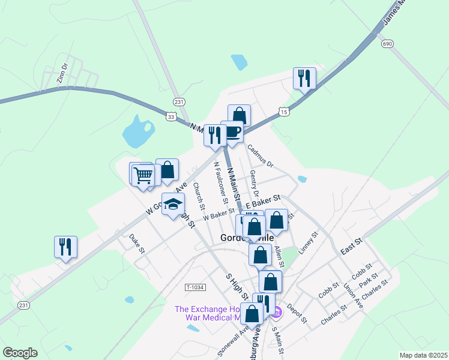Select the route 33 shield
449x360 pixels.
pyautogui.click(x=172, y=117)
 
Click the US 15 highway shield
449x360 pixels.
pyautogui.click(x=284, y=112)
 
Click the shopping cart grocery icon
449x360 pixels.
pyautogui.click(x=143, y=175)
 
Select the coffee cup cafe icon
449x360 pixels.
pyautogui.click(x=232, y=132)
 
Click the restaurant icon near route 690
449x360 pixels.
pyautogui.click(x=304, y=77)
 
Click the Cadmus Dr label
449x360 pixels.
pyautogui.click(x=260, y=155)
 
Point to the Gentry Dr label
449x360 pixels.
pyautogui.click(x=254, y=184)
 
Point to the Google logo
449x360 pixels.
pyautogui.click(x=20, y=353)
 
